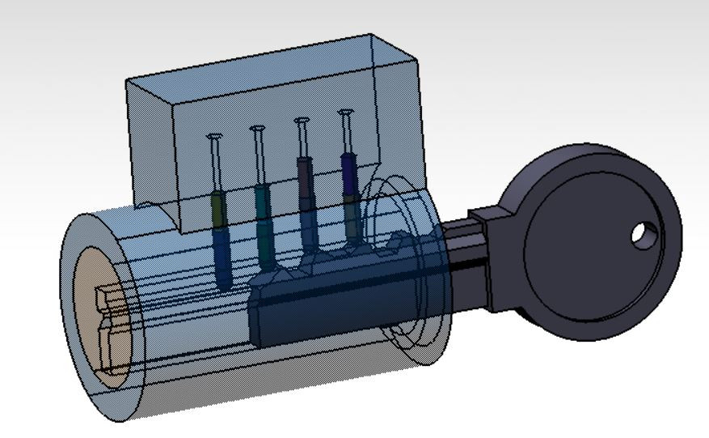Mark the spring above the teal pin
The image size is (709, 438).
pos(260,158)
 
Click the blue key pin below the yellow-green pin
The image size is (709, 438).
pos(222,255)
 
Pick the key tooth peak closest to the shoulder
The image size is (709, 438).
pos(397,240)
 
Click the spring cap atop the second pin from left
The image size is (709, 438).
pos(258,128)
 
